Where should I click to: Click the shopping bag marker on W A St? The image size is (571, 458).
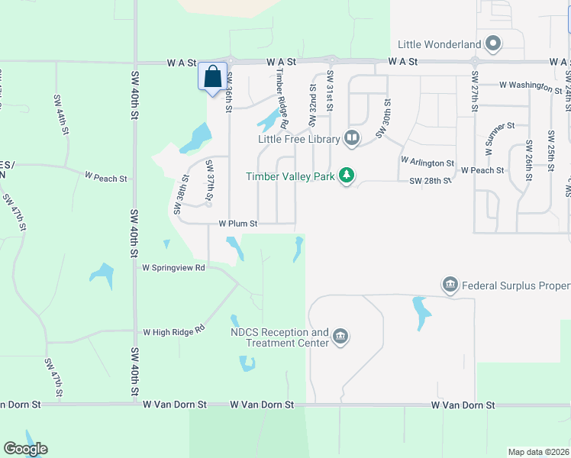click(x=213, y=77)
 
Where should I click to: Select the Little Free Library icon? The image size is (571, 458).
click(x=352, y=138)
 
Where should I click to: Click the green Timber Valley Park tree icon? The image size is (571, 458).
click(x=347, y=176)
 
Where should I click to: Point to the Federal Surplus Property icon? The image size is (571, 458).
click(x=450, y=285)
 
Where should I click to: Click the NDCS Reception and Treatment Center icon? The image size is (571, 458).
click(x=340, y=337)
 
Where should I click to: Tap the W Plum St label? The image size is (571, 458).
click(x=238, y=224)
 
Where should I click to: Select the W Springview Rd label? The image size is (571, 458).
click(x=174, y=268)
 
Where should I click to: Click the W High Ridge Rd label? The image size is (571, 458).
click(x=175, y=332)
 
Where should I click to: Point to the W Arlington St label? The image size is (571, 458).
click(x=427, y=163)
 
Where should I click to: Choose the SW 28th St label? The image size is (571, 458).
click(x=431, y=181)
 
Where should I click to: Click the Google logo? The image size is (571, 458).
click(x=25, y=449)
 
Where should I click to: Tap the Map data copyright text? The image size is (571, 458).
click(x=538, y=452)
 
